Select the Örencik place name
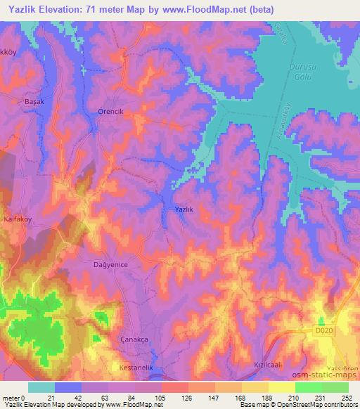[x=110, y=112]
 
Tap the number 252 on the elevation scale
[x=346, y=397]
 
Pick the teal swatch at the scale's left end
[x=41, y=387]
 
